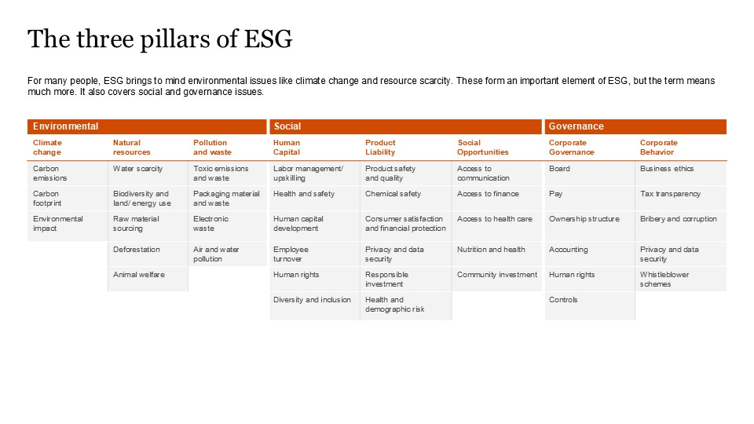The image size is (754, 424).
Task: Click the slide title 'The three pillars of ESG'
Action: (x=159, y=39)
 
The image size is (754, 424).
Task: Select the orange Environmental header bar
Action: (x=147, y=126)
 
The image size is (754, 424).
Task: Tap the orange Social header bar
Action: (x=405, y=126)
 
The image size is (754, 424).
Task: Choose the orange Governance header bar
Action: (x=635, y=126)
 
